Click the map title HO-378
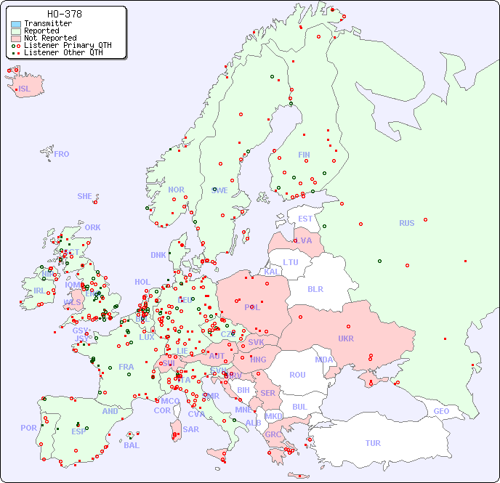tap(64, 14)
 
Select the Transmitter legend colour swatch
tap(16, 24)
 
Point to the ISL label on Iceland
tap(25, 89)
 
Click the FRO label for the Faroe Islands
tap(62, 154)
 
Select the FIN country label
tap(304, 155)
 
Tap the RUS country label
tap(406, 223)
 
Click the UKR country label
tap(345, 338)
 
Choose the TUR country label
tap(373, 443)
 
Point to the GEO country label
tap(441, 411)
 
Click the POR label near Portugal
tap(28, 428)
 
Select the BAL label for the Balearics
tap(131, 445)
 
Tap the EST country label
tap(305, 219)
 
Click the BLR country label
tap(315, 288)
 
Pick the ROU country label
tap(297, 375)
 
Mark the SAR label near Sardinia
tap(190, 429)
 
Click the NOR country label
tap(176, 190)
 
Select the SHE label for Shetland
tap(85, 196)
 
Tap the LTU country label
tap(291, 262)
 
